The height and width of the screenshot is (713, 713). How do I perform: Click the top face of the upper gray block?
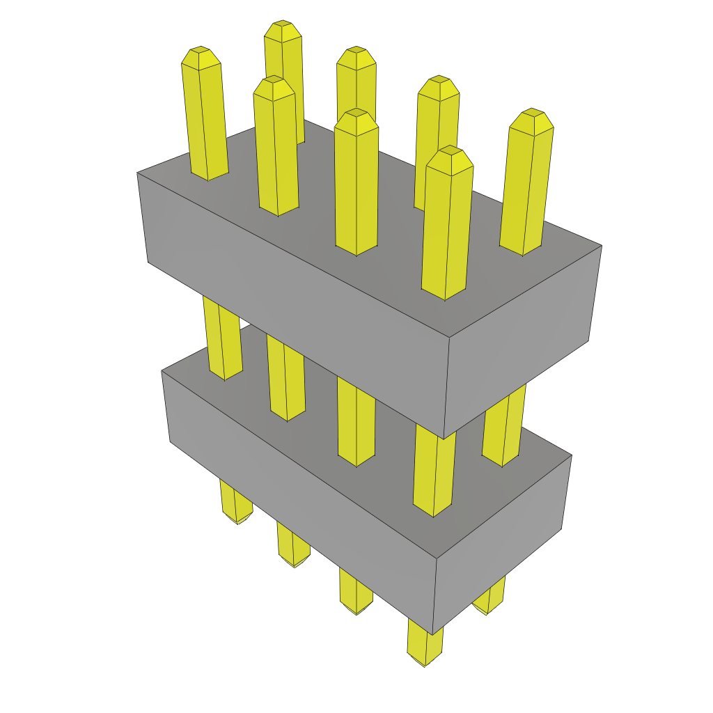pyautogui.click(x=390, y=230)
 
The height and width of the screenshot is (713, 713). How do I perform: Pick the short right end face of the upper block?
pyautogui.click(x=522, y=341)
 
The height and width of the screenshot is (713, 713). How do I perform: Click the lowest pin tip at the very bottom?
pyautogui.click(x=425, y=660)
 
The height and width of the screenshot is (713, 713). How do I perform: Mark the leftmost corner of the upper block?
pyautogui.click(x=137, y=173)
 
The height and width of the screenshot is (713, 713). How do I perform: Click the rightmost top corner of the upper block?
pyautogui.click(x=602, y=245)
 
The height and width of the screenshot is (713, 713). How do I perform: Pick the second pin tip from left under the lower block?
pyautogui.click(x=294, y=561)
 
